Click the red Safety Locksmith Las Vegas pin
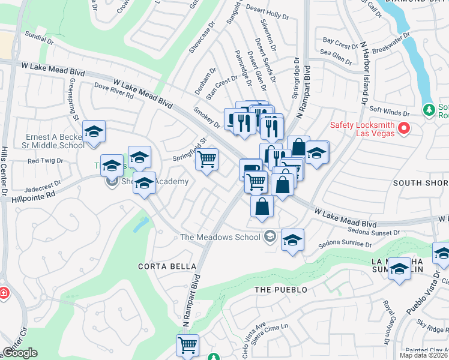click(x=404, y=128)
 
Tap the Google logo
click(x=20, y=353)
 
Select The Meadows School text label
click(x=220, y=237)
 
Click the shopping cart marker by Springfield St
click(x=206, y=160)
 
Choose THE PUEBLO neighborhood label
click(x=280, y=290)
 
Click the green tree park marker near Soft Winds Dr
click(x=429, y=110)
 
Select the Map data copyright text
click(x=424, y=355)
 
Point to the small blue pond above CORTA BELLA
click(x=140, y=225)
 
